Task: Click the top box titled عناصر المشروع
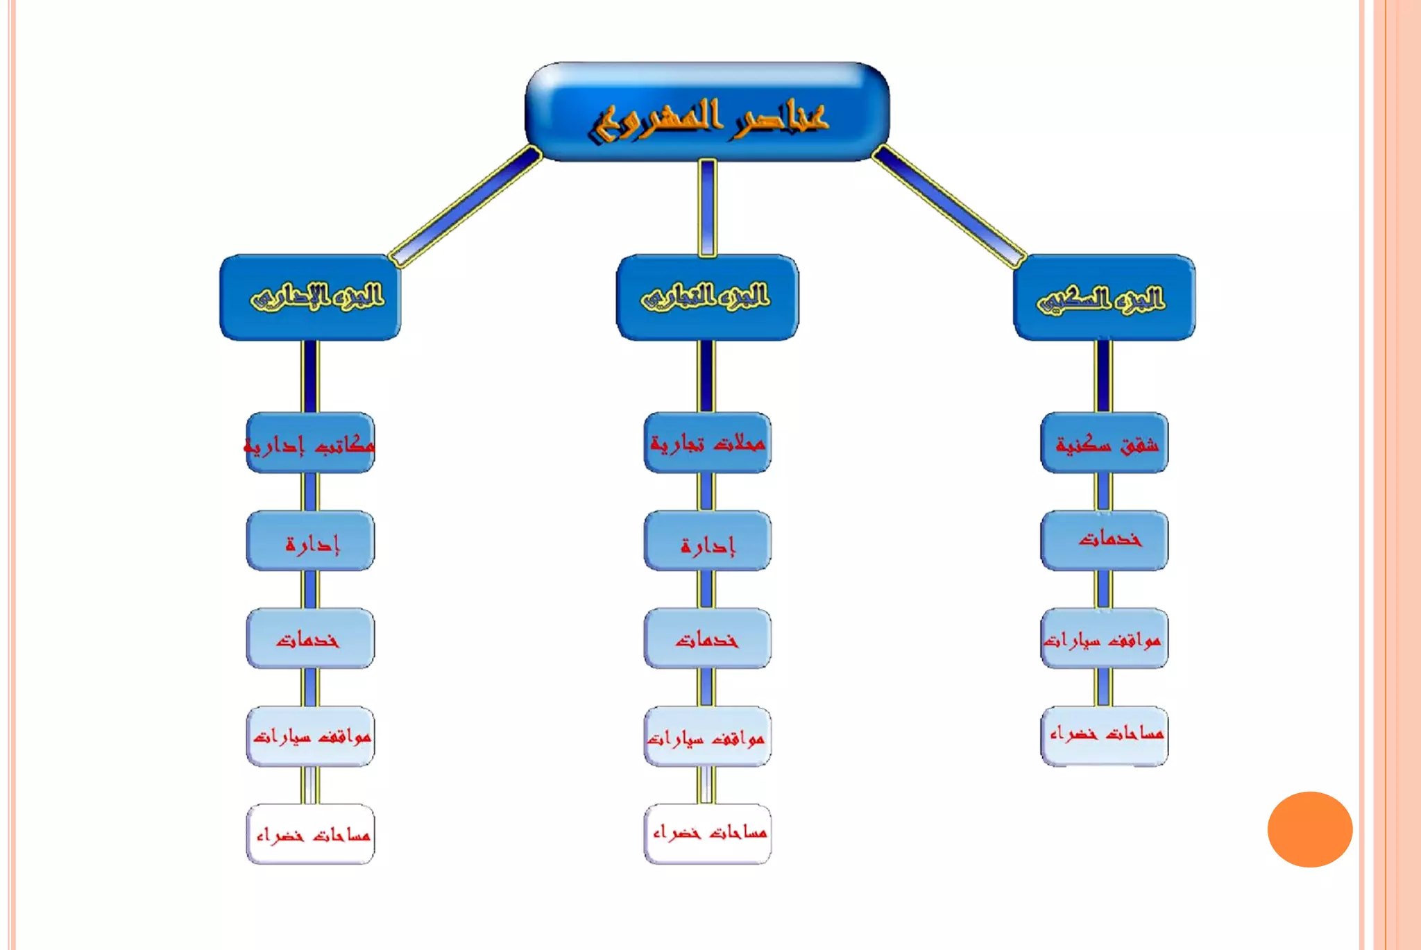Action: tap(707, 112)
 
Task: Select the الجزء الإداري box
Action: tap(310, 297)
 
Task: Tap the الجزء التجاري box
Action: tap(707, 297)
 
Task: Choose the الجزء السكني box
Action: tap(1104, 297)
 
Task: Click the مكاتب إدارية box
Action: tap(310, 443)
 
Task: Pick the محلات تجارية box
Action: tap(707, 443)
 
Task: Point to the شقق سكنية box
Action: tap(1104, 443)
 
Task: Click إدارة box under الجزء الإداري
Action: tap(310, 541)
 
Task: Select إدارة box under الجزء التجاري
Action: tap(707, 541)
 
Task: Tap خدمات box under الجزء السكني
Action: tap(1104, 541)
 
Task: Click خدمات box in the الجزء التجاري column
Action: tap(707, 638)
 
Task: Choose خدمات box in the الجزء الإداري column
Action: tap(310, 638)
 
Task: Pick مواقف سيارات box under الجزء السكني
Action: tap(1104, 638)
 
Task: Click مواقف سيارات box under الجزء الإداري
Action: tap(310, 736)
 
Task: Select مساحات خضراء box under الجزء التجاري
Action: tap(707, 833)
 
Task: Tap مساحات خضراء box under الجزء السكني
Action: tap(1104, 736)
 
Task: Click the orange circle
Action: tap(1309, 829)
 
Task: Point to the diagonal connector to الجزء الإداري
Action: tap(465, 207)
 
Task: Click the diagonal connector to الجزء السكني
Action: tap(948, 207)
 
